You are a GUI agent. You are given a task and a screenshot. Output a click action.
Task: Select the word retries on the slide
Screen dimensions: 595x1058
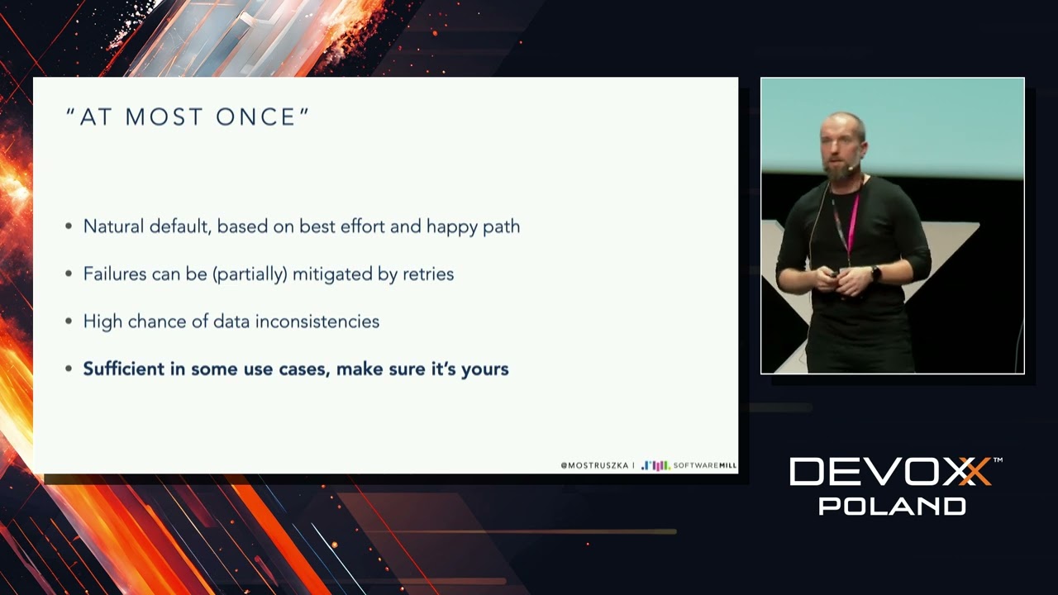(428, 274)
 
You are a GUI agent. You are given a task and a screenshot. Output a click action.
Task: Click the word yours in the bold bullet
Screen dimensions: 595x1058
(484, 369)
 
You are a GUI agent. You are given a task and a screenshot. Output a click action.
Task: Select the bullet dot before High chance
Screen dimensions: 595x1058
(69, 321)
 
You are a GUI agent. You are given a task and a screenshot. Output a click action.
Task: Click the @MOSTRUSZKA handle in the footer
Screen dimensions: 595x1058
(594, 465)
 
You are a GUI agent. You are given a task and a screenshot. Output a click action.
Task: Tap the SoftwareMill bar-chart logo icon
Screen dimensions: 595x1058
(655, 465)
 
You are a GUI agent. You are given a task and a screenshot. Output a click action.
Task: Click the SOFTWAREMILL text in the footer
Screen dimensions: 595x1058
(704, 465)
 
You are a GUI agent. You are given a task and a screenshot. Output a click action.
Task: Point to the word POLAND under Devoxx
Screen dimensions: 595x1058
(892, 506)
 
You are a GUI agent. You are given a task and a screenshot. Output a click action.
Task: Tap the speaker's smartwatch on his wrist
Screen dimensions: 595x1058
(876, 273)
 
